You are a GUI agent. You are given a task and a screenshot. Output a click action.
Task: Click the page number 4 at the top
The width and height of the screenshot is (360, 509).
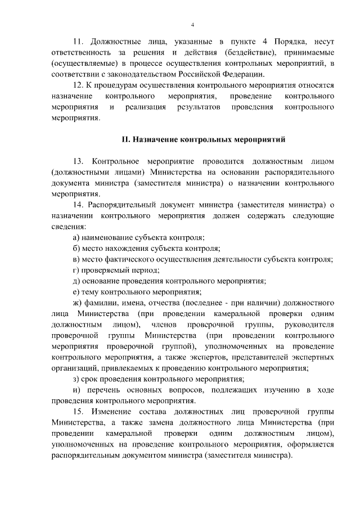tap(192, 25)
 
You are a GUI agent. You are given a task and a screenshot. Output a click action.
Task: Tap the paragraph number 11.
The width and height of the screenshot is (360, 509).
tap(79, 42)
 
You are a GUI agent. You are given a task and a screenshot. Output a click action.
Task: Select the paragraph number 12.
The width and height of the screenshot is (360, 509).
tap(79, 85)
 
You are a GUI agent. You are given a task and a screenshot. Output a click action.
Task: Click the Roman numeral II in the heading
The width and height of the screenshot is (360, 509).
tap(127, 138)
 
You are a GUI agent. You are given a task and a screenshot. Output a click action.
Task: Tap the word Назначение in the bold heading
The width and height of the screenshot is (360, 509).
tap(160, 138)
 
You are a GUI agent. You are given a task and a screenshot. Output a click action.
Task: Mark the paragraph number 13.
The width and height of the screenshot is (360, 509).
tap(79, 160)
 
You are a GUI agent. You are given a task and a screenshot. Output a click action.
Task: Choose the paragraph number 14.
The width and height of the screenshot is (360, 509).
tap(79, 205)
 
